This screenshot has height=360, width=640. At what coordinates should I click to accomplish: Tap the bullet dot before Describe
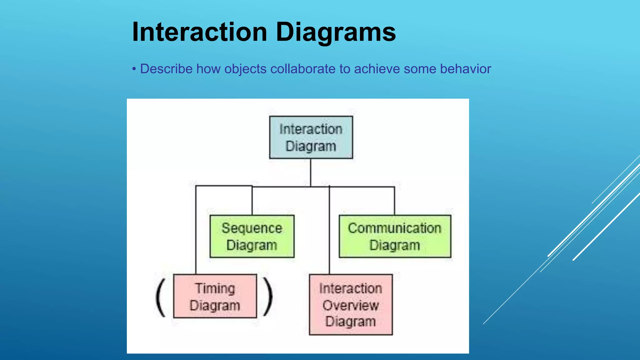click(134, 69)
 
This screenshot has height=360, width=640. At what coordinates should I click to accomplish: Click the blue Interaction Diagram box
click(311, 137)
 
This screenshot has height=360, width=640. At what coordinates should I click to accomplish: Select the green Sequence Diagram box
click(252, 236)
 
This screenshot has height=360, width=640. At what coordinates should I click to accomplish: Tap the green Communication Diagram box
click(395, 236)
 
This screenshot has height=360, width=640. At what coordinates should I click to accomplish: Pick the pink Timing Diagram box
click(215, 296)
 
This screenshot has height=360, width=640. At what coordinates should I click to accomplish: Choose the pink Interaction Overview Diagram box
click(351, 305)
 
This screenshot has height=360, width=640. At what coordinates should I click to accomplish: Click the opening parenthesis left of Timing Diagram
click(161, 297)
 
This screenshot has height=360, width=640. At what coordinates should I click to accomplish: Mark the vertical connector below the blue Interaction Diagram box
click(311, 172)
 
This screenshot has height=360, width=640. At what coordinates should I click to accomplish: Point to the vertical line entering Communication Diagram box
click(394, 201)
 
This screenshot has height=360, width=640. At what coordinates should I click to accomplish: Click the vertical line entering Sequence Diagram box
click(252, 201)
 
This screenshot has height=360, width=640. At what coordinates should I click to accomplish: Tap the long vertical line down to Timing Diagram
click(196, 231)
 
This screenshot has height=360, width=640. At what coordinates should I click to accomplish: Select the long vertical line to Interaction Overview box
click(329, 231)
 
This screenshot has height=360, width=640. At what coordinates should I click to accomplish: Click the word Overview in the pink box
click(351, 305)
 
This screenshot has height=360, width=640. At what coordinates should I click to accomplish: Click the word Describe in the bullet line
click(166, 69)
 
